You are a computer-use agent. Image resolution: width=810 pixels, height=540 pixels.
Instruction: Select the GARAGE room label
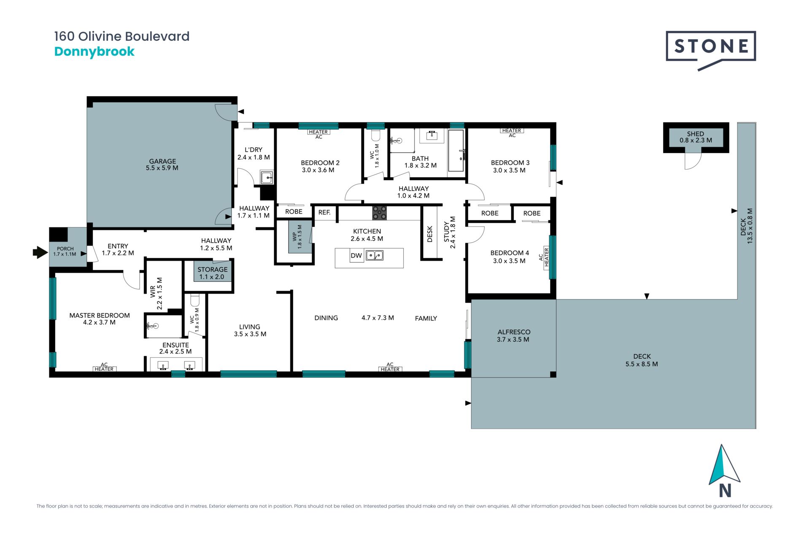click(162, 161)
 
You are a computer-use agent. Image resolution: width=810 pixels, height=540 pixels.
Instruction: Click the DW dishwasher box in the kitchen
click(356, 255)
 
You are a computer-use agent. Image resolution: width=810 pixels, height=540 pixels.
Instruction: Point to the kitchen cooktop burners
click(379, 213)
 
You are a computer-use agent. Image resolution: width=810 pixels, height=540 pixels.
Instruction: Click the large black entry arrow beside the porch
click(40, 252)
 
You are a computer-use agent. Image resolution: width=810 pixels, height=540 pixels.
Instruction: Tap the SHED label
click(695, 134)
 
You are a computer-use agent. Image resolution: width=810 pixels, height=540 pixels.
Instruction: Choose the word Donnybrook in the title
click(94, 51)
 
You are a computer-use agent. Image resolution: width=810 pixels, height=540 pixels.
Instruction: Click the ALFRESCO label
click(513, 332)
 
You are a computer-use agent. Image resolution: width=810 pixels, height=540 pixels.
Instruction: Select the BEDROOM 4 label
click(509, 253)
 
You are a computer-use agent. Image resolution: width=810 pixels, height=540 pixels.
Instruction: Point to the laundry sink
click(267, 178)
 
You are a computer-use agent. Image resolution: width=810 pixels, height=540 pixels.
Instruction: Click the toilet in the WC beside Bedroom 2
click(376, 135)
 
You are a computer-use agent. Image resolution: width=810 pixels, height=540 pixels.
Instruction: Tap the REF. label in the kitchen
click(324, 212)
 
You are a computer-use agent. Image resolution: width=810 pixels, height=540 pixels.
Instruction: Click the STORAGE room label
click(212, 270)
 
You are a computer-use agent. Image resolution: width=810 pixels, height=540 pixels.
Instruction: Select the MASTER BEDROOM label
click(100, 316)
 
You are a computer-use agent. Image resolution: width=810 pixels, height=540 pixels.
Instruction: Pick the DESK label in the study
click(430, 234)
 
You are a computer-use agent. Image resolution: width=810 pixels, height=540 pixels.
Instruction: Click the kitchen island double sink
click(374, 255)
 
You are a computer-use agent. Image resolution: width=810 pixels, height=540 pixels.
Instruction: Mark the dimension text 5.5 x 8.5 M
click(642, 364)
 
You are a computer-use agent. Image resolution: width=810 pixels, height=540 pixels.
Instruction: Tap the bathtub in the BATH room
click(456, 151)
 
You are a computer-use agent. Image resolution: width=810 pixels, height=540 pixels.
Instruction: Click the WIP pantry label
click(295, 237)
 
